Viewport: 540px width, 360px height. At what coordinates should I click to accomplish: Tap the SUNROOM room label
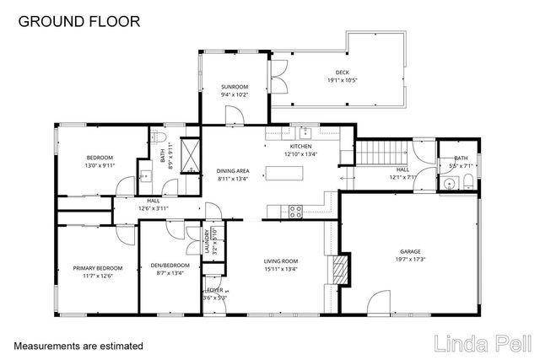[x=234, y=87]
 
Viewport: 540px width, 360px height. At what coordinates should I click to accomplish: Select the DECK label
[x=341, y=73]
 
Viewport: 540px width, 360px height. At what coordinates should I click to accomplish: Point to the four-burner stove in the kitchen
[x=295, y=212]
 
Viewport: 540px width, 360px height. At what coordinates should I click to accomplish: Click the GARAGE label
[x=410, y=251]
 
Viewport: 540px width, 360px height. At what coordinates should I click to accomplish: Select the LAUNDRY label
[x=205, y=242]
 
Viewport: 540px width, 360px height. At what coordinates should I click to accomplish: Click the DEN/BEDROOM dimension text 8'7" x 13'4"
[x=170, y=273]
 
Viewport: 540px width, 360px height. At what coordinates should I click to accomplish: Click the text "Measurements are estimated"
[x=78, y=346]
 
